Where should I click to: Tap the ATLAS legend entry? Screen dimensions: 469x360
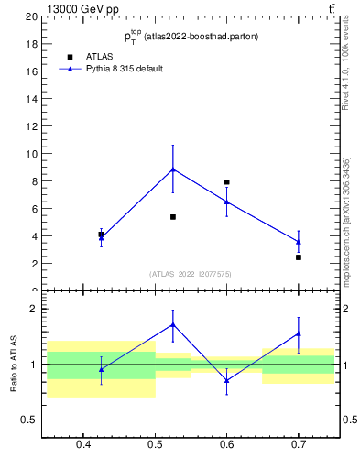pyautogui.click(x=99, y=56)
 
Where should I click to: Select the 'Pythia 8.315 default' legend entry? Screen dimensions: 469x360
pyautogui.click(x=124, y=69)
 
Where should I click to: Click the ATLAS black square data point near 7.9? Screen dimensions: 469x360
pyautogui.click(x=226, y=182)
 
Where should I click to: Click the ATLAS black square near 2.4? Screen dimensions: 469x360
pyautogui.click(x=299, y=257)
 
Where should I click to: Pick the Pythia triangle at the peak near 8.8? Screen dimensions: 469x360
pyautogui.click(x=172, y=169)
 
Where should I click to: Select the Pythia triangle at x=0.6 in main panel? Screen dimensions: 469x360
pyautogui.click(x=226, y=202)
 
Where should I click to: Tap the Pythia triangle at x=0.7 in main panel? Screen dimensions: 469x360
pyautogui.click(x=299, y=242)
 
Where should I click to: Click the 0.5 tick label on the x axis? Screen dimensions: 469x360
pyautogui.click(x=155, y=446)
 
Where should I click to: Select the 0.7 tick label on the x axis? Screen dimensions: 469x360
pyautogui.click(x=299, y=446)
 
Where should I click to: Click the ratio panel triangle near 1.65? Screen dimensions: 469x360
pyautogui.click(x=172, y=324)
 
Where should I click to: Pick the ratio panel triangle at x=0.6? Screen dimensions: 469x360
pyautogui.click(x=226, y=380)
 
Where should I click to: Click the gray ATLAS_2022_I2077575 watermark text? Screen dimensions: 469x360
pyautogui.click(x=191, y=273)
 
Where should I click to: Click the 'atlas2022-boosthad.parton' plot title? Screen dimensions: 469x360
pyautogui.click(x=191, y=37)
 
